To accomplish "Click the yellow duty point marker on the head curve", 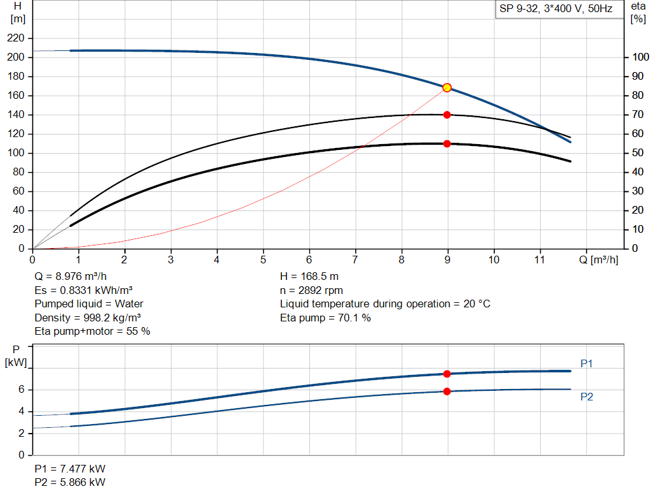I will click(x=447, y=87).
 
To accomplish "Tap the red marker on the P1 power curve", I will click(x=447, y=374).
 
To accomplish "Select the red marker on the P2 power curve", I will click(x=447, y=391).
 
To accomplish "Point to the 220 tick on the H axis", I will click(x=17, y=38).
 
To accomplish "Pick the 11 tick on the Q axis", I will click(x=540, y=260).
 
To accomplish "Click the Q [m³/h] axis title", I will click(x=599, y=260).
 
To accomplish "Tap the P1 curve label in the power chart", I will click(x=587, y=363).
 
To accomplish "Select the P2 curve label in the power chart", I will click(x=587, y=397).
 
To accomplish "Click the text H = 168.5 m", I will click(x=309, y=277).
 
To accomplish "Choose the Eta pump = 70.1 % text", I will click(x=325, y=318).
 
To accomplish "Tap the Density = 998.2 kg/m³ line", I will click(x=87, y=318).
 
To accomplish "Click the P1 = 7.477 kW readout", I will click(x=70, y=469).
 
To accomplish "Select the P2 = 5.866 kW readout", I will click(x=70, y=482).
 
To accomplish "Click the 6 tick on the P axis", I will click(x=21, y=390).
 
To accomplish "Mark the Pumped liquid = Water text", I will click(x=89, y=304).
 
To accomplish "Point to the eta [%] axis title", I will click(x=638, y=12).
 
